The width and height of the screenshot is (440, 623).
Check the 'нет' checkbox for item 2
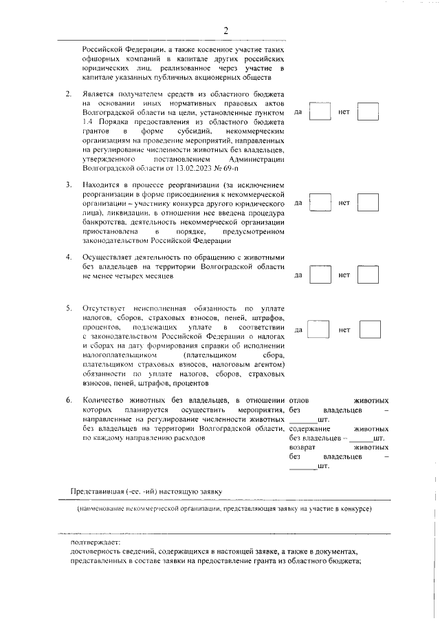(368, 111)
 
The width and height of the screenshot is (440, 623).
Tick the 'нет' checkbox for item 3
(368, 202)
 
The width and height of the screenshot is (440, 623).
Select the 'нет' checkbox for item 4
(368, 275)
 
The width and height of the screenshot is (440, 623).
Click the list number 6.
(68, 400)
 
